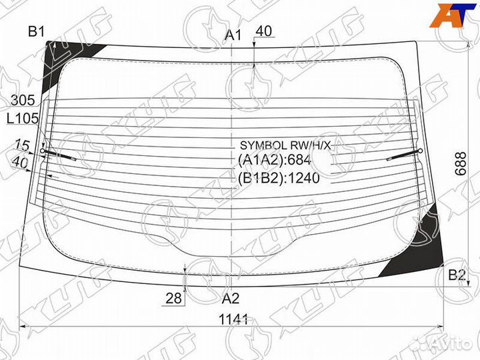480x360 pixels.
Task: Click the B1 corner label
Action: (x=36, y=31)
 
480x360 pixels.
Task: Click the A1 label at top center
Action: (x=233, y=35)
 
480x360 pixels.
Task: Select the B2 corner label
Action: (x=457, y=275)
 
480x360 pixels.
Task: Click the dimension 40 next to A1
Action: (x=264, y=31)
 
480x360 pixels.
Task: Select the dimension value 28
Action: (x=175, y=299)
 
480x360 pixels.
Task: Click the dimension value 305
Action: (x=23, y=101)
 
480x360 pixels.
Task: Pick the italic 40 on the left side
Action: (x=20, y=161)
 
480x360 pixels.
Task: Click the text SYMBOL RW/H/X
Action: (x=285, y=145)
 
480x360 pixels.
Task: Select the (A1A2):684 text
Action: (x=274, y=160)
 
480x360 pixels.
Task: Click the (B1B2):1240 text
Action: (x=279, y=178)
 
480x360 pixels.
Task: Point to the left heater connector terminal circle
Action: (x=43, y=151)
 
